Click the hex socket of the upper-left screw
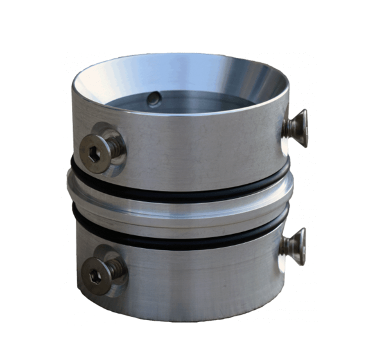pos(92,150)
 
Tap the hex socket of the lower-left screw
pos(94,274)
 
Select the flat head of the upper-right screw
pos(300,127)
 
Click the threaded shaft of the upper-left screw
pos(116,145)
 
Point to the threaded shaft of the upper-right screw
pos(287,129)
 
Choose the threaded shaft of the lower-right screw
pos(287,247)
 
